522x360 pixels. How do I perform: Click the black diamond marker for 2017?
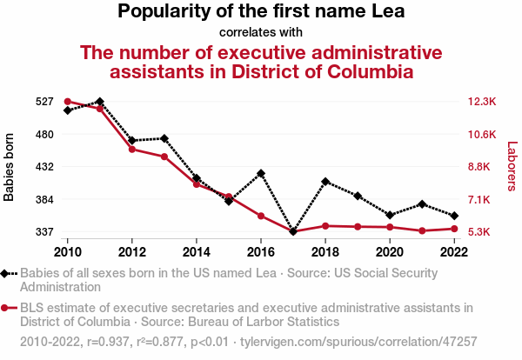(293, 232)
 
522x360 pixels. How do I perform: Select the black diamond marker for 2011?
(100, 102)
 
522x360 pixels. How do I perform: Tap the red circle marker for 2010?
(68, 102)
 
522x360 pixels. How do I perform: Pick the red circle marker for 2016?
(261, 216)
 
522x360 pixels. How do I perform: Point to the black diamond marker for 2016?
(261, 173)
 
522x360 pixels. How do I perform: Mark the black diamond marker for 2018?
(325, 182)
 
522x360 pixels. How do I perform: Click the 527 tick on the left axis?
(44, 102)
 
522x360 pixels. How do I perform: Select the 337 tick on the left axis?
(44, 232)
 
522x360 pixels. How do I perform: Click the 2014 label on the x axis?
(197, 251)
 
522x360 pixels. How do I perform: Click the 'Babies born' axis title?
(10, 167)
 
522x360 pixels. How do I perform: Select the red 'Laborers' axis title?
(512, 167)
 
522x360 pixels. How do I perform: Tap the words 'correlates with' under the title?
(261, 32)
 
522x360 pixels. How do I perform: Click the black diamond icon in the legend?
(7, 273)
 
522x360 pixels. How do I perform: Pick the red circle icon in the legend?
(7, 308)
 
